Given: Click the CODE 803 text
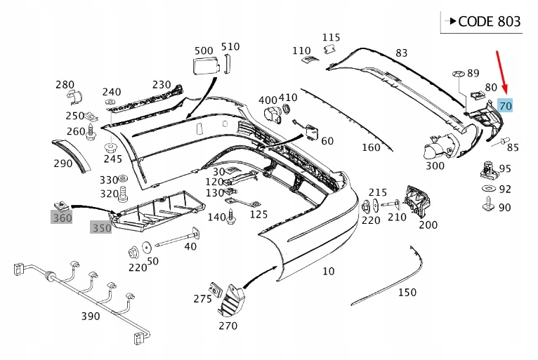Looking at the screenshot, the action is (490, 22).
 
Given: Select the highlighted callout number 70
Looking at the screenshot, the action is (506, 106).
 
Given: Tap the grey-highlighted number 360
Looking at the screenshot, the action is (62, 218).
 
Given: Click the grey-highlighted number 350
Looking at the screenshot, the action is (101, 228).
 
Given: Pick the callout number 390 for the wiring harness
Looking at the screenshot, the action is (91, 316).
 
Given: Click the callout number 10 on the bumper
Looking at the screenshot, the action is (329, 271).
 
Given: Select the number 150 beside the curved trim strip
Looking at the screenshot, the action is (407, 293).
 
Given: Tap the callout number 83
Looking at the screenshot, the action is (402, 53).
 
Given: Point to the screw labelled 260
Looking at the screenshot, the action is (91, 132).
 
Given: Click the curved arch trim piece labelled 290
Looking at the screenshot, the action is (73, 155).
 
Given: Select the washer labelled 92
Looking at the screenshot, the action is (489, 188).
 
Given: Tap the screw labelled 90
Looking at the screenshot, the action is (488, 204).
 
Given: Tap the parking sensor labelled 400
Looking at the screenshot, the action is (273, 115).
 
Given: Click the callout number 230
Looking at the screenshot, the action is (162, 84).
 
